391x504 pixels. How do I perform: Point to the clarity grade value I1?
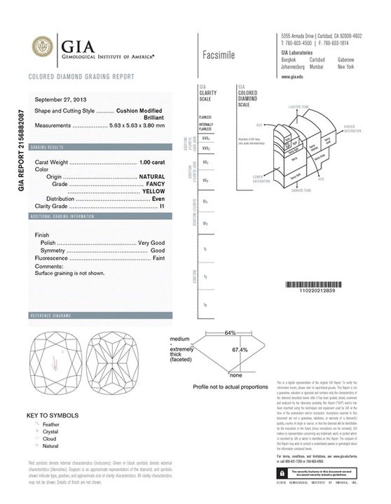tap(161, 207)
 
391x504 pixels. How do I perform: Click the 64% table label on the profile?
tap(230, 332)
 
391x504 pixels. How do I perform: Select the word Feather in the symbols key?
tap(51, 424)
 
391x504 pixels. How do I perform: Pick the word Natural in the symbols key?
tap(50, 445)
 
